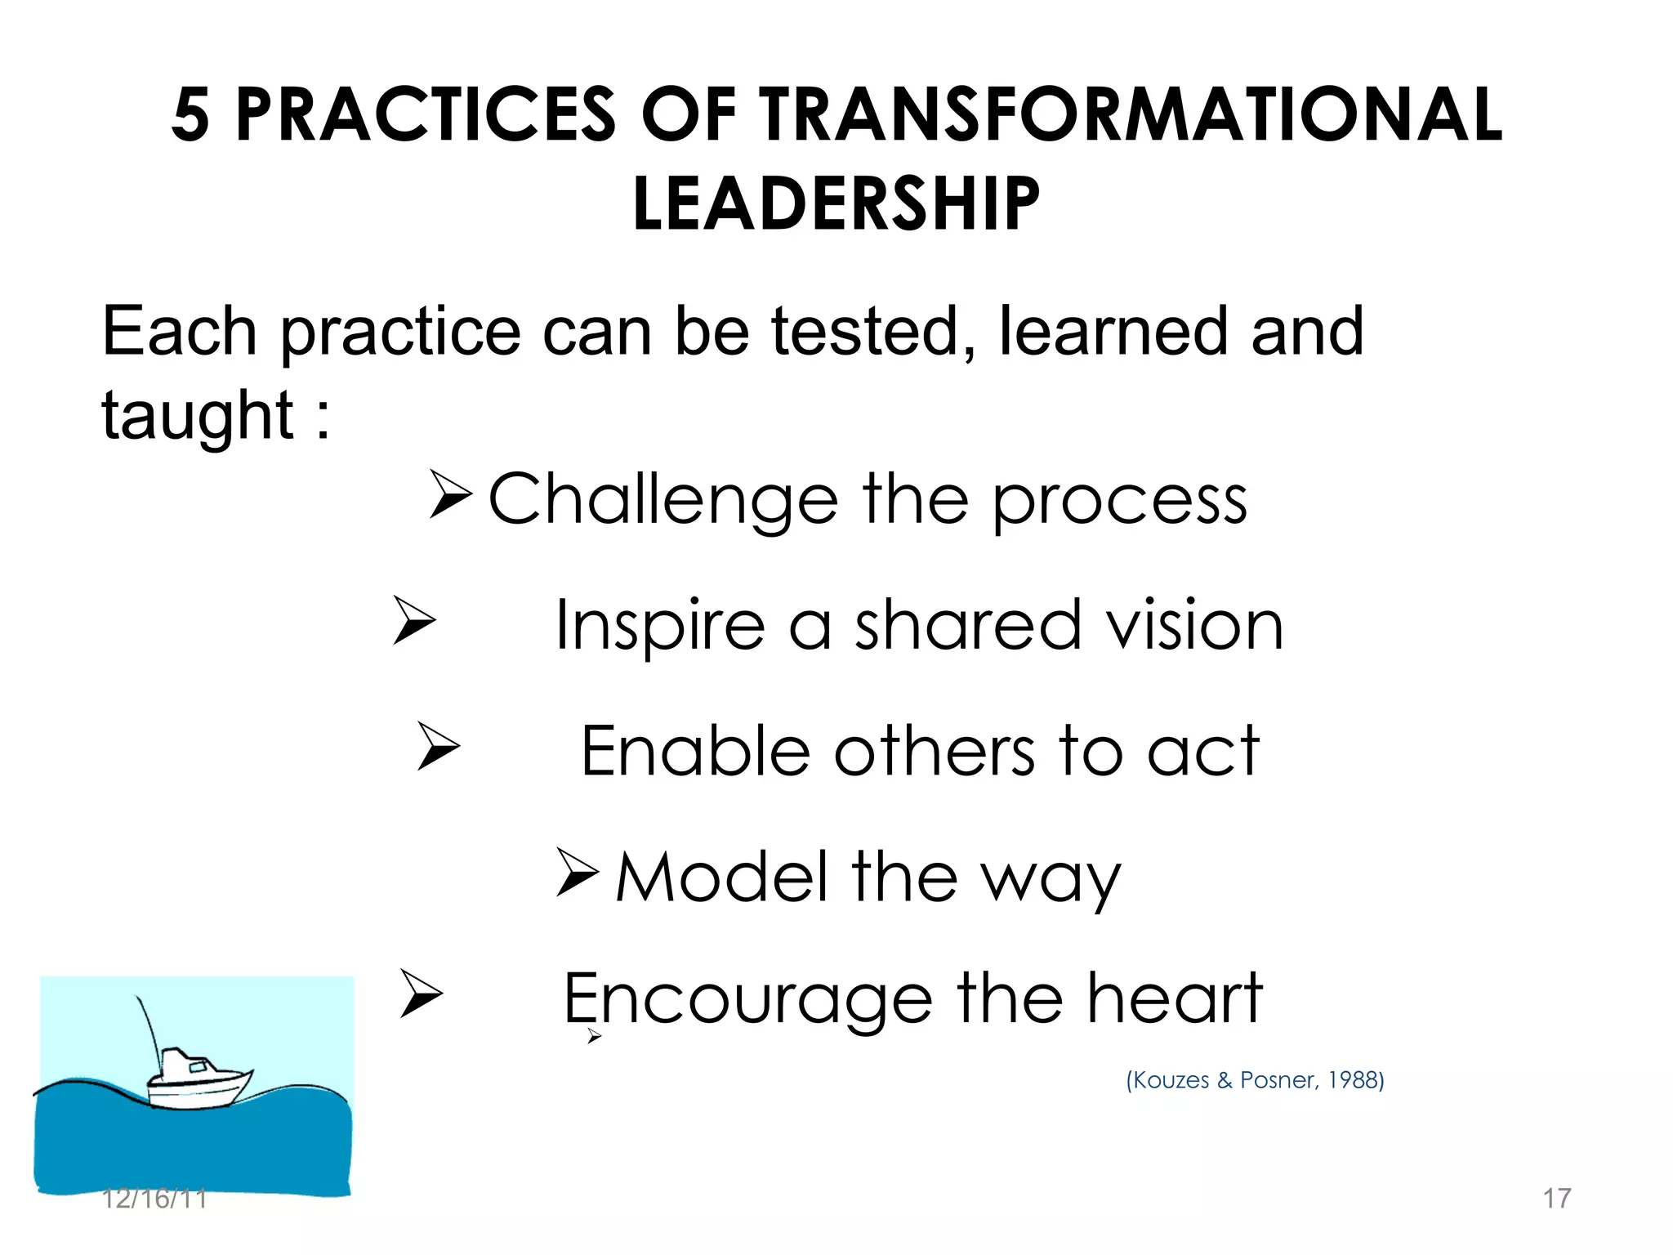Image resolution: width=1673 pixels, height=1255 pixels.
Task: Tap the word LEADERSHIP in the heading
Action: [x=836, y=204]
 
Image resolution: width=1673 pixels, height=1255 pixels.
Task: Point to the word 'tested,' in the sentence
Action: [x=872, y=333]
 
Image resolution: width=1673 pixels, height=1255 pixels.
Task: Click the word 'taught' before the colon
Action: [x=197, y=416]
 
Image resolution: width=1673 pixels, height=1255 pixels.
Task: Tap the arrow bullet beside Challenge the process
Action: [x=450, y=494]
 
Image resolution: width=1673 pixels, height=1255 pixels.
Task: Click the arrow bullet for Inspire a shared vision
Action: [x=413, y=620]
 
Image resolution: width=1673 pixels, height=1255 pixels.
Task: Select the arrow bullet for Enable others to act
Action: [x=438, y=746]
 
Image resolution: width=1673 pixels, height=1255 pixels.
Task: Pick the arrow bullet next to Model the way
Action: [x=578, y=873]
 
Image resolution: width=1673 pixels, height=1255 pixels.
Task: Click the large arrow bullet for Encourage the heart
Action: [x=421, y=993]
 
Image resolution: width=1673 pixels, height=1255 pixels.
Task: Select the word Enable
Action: [x=694, y=752]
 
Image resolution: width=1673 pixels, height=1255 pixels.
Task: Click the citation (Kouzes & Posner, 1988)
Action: [x=1255, y=1080]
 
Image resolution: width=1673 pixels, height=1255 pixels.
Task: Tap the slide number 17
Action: [x=1556, y=1199]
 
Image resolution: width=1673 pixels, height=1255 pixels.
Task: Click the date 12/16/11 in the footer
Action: [x=154, y=1199]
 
